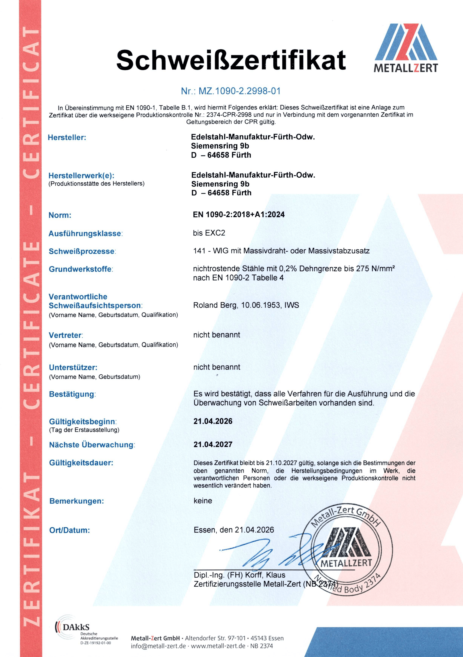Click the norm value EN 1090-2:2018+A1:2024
239,215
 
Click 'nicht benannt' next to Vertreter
217,335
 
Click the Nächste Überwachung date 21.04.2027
213,444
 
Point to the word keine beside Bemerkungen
203,501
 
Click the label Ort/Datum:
70,530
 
